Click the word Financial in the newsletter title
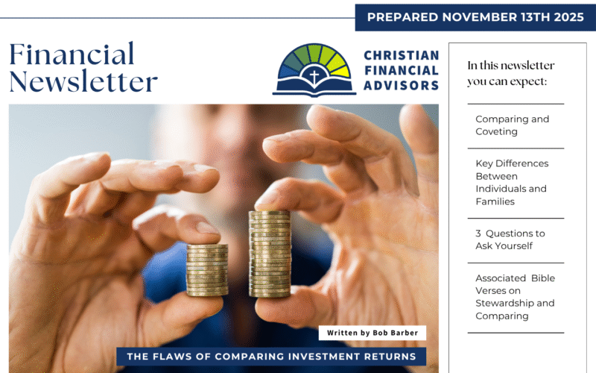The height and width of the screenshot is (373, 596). (x=72, y=54)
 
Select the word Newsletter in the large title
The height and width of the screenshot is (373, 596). (x=83, y=81)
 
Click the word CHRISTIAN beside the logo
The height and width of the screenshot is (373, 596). (x=401, y=56)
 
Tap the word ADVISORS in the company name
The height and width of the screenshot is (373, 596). (x=401, y=86)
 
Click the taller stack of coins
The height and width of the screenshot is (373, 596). (x=269, y=254)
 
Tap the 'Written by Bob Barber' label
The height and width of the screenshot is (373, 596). (x=372, y=333)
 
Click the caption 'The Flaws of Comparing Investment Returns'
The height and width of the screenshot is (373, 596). (x=271, y=357)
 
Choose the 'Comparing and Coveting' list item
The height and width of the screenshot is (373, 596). (x=502, y=125)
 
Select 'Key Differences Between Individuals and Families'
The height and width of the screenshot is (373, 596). (x=511, y=183)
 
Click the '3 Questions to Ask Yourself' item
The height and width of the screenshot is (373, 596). (x=510, y=239)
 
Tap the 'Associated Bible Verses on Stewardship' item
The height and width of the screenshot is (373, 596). (x=515, y=297)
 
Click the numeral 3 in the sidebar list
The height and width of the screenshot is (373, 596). (x=478, y=233)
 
